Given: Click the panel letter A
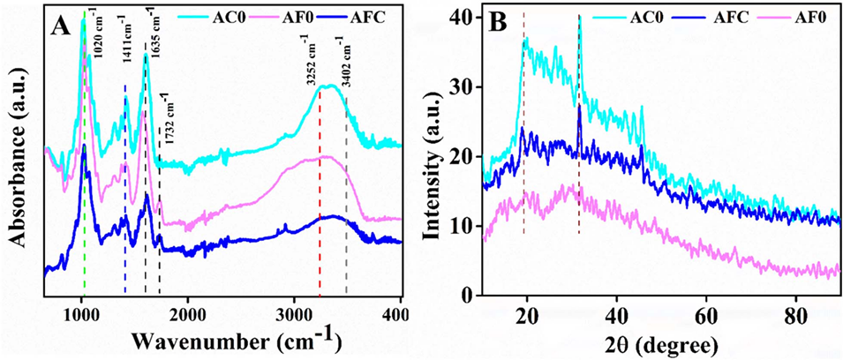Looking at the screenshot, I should pyautogui.click(x=61, y=26).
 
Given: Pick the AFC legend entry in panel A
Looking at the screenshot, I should pyautogui.click(x=374, y=16).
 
